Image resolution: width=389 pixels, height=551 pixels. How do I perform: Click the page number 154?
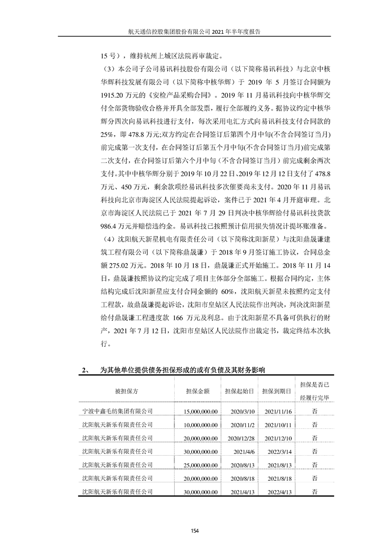194,530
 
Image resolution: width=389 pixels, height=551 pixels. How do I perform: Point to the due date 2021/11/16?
279,411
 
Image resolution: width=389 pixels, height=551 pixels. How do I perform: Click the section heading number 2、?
85,370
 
